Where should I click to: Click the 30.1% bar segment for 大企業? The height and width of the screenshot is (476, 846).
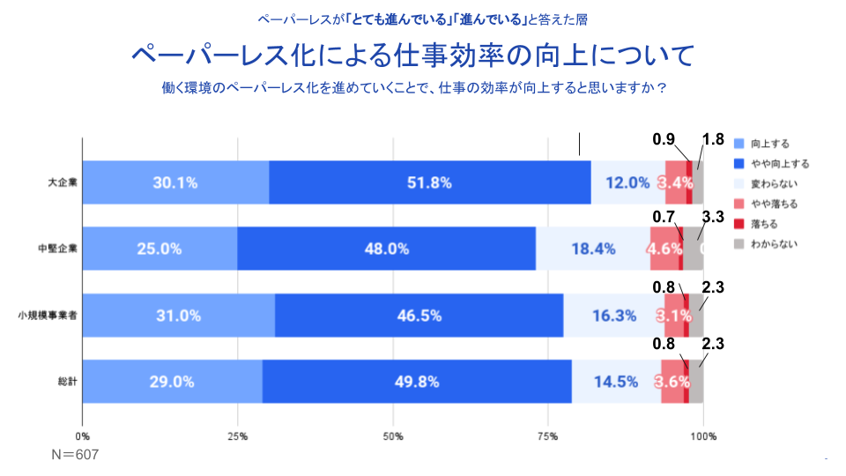point(175,183)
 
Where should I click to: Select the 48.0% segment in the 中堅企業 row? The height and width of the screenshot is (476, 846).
point(387,249)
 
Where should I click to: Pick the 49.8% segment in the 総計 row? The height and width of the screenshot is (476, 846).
point(417,382)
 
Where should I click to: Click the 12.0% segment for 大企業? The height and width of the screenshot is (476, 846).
point(627,183)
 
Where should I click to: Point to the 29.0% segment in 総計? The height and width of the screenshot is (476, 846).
point(172,382)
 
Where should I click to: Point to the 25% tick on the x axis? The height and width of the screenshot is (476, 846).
point(237,436)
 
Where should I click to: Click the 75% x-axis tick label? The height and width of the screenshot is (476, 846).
point(548,436)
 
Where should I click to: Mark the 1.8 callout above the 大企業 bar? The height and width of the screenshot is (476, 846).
point(713,139)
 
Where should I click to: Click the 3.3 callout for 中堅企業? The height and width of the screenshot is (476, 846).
point(713,215)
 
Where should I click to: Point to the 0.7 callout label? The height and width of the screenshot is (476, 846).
point(664,215)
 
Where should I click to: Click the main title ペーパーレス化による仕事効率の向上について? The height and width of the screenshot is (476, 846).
point(413,56)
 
